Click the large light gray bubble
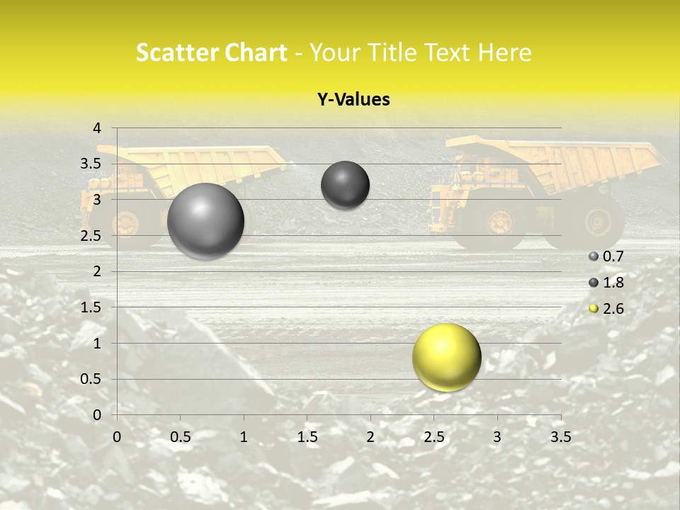[205, 221]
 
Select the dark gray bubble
[345, 185]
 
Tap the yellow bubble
[446, 357]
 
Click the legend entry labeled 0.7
[606, 256]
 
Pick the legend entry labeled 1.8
[606, 283]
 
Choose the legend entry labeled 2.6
[606, 309]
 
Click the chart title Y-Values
[353, 100]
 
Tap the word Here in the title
[505, 52]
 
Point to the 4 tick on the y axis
[97, 128]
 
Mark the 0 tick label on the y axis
[97, 415]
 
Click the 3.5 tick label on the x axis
[560, 437]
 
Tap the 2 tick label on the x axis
[370, 437]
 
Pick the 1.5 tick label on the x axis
[307, 437]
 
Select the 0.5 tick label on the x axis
[180, 437]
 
